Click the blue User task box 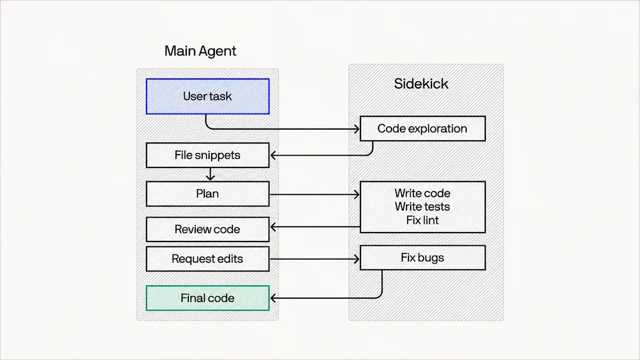(207, 97)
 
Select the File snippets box (207, 155)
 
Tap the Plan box (207, 194)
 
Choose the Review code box (207, 229)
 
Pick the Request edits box (207, 259)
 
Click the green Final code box (207, 298)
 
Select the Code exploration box (422, 129)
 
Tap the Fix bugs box (422, 258)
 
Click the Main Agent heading (201, 51)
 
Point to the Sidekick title (421, 84)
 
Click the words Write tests (422, 206)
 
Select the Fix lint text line (422, 220)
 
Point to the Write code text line (422, 194)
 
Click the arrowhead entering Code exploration (357, 129)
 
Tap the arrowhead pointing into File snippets (273, 155)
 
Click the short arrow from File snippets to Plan (210, 174)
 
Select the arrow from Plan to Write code (315, 195)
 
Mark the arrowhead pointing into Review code (273, 227)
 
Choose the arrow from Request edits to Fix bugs (315, 259)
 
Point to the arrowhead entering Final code (273, 298)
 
